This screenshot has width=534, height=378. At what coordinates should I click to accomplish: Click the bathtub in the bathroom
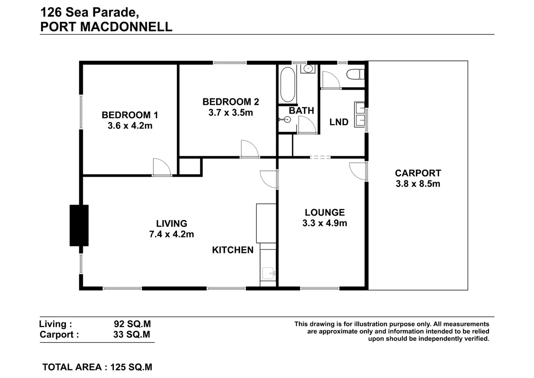click(x=288, y=85)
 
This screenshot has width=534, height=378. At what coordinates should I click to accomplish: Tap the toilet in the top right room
click(x=355, y=75)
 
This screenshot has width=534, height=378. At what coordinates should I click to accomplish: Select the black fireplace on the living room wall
click(x=79, y=225)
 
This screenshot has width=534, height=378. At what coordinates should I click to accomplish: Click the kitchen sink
click(x=269, y=274)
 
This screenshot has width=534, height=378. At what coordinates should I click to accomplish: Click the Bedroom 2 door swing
click(x=249, y=150)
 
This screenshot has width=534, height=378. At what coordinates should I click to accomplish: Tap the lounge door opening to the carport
click(x=357, y=171)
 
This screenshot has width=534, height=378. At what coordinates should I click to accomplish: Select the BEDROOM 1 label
click(x=130, y=115)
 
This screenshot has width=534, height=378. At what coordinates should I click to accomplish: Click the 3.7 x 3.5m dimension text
click(x=230, y=113)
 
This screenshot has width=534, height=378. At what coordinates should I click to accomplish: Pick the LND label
click(x=339, y=122)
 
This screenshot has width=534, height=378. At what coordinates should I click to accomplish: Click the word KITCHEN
click(x=233, y=250)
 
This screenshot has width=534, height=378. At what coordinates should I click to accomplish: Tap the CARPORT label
click(x=418, y=173)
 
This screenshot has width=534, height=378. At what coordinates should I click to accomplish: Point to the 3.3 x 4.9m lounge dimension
click(x=325, y=223)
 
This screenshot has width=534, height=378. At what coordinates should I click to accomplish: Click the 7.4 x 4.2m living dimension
click(x=171, y=234)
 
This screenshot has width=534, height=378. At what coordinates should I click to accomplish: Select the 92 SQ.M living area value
click(x=132, y=324)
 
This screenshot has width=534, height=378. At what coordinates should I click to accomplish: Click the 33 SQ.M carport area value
click(x=131, y=335)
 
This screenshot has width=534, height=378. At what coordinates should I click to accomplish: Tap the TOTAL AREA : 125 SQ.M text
click(x=97, y=367)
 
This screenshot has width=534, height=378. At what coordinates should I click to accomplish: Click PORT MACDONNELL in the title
click(x=106, y=27)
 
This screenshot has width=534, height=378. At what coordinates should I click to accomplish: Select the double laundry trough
click(x=359, y=114)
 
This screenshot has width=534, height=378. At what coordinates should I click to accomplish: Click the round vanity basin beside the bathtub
click(x=308, y=68)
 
